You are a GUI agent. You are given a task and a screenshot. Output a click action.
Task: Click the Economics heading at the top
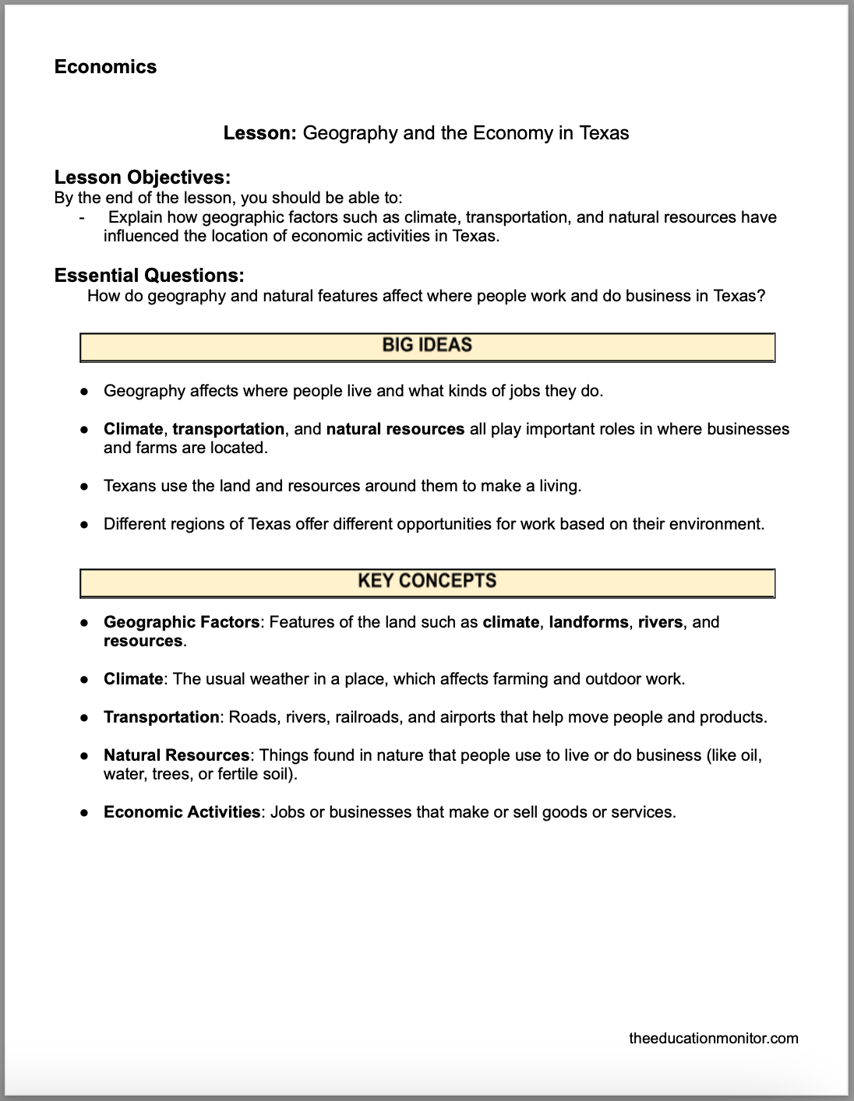105,67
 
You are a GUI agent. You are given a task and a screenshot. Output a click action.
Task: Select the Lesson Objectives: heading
142,178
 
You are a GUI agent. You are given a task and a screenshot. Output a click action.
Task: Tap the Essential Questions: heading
149,276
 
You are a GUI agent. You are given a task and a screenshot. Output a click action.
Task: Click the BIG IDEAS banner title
427,345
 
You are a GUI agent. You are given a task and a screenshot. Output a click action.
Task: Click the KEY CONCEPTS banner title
427,581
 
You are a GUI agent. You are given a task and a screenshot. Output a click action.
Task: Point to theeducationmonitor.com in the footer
713,1038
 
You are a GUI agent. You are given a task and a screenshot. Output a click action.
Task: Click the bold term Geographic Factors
181,622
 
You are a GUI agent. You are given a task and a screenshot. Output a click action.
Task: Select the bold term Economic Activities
182,812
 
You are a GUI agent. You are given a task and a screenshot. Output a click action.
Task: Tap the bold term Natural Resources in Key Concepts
176,755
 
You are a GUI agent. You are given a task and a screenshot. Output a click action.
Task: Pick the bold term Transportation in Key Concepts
161,717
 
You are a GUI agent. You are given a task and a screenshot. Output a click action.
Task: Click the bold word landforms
588,622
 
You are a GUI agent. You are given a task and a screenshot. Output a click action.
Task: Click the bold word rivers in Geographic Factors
660,622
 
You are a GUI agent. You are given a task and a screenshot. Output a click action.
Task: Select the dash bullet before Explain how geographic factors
82,218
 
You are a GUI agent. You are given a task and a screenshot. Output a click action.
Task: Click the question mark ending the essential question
761,296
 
